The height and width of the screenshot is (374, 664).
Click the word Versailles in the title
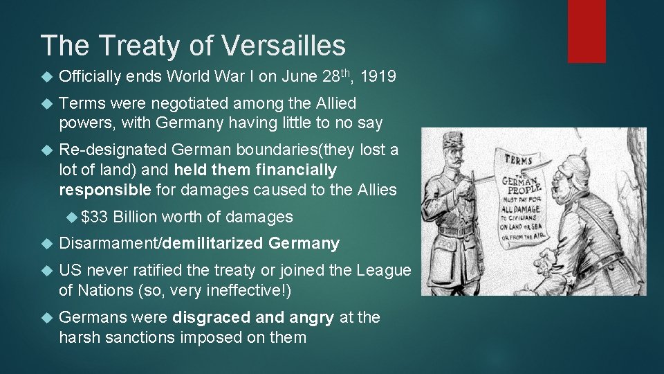click(x=285, y=46)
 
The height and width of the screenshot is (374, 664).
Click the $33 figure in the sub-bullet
click(x=94, y=217)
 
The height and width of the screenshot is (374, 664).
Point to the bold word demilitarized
click(x=214, y=243)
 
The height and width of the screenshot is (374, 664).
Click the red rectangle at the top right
click(x=587, y=31)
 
